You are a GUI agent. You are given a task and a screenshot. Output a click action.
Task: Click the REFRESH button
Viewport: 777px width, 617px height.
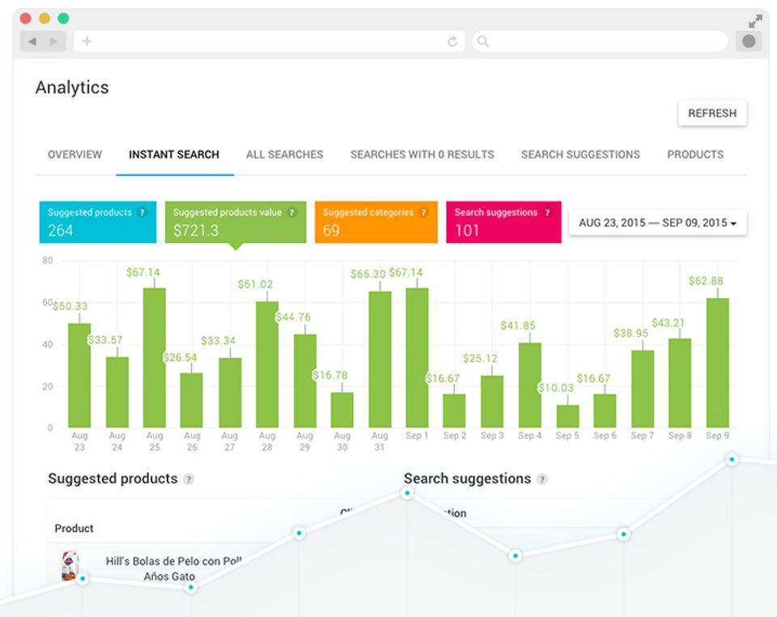(712, 113)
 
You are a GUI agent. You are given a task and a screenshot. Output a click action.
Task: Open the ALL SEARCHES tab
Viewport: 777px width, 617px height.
(284, 155)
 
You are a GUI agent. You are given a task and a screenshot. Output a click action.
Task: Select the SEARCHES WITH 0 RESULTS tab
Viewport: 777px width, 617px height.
(422, 155)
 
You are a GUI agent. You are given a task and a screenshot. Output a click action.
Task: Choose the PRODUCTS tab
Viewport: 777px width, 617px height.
(694, 155)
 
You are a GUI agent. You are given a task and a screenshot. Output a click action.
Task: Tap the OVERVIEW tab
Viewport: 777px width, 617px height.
(74, 155)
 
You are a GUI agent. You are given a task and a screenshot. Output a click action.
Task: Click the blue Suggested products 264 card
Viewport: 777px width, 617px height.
(97, 222)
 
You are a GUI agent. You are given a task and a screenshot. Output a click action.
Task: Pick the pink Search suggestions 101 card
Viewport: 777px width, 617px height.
(503, 222)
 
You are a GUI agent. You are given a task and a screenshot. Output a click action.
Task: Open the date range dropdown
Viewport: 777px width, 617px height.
(657, 223)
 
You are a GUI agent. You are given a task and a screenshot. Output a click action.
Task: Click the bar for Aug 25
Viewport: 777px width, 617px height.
(155, 357)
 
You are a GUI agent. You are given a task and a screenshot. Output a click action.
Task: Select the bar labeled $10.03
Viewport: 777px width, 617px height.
(567, 415)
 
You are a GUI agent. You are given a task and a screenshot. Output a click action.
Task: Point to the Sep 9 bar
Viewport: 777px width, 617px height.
(717, 362)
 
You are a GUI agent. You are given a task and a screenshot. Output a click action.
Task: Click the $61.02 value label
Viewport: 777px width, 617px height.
(255, 284)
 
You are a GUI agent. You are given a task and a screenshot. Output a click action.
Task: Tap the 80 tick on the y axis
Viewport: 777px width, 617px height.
(47, 261)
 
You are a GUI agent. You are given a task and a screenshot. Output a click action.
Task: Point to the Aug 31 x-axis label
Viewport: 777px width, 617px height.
(380, 441)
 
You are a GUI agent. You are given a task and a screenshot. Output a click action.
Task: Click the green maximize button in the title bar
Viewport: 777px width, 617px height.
(63, 19)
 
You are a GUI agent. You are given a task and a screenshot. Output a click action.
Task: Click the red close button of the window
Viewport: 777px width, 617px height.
(25, 19)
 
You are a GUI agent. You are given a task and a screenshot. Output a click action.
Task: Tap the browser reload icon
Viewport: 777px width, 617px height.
(452, 41)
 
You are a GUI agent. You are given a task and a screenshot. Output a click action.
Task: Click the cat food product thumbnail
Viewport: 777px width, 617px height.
(70, 566)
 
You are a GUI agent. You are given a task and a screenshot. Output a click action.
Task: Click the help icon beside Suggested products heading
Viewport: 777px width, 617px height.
(189, 479)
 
